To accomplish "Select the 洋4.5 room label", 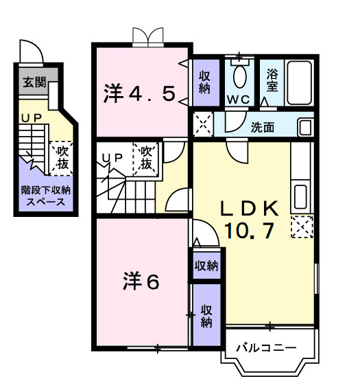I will tap(140, 93).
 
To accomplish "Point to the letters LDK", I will tap(248, 208).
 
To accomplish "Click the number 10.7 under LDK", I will tap(249, 231).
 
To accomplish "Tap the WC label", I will tap(239, 100).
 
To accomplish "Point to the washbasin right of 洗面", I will tap(304, 128).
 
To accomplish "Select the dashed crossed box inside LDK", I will tap(301, 227).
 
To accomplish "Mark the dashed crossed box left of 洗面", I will tap(203, 125).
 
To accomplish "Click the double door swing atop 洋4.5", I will tap(148, 36).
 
